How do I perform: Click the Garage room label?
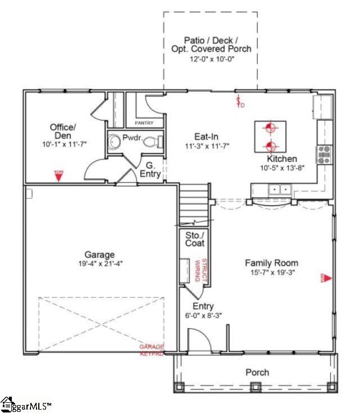tap(100, 255)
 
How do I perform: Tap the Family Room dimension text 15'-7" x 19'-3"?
tap(271, 273)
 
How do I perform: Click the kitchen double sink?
tap(280, 190)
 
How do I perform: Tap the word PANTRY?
tap(145, 122)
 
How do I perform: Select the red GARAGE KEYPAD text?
tap(151, 351)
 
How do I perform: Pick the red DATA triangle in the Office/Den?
tap(58, 175)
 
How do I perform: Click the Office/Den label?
tap(62, 131)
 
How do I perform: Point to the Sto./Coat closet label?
tap(195, 239)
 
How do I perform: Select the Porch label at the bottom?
tap(257, 372)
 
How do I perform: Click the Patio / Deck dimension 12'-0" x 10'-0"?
tap(211, 58)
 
